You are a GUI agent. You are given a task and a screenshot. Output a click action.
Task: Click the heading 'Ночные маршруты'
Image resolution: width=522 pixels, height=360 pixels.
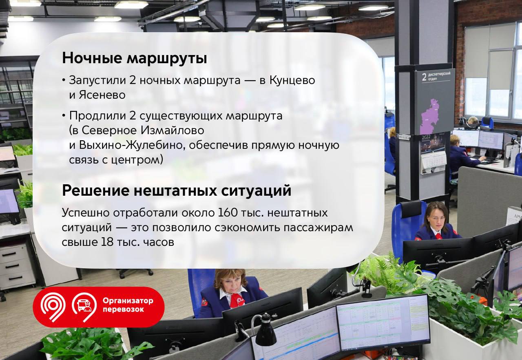pos(135,58)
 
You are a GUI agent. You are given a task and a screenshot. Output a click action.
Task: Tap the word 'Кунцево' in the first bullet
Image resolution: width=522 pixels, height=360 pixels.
pos(292,80)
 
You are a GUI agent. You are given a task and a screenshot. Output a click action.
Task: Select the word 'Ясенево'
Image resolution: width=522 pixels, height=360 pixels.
pos(102,95)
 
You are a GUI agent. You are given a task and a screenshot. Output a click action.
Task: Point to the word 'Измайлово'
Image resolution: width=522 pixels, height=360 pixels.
pos(172,130)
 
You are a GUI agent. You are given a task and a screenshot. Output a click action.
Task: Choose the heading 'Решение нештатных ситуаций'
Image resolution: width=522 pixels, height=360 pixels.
pos(177,191)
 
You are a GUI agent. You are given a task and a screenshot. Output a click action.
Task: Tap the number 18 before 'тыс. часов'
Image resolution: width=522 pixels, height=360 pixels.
pos(107,242)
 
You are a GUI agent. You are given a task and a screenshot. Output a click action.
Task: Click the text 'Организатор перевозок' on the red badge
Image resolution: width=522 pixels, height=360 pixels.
pos(128,305)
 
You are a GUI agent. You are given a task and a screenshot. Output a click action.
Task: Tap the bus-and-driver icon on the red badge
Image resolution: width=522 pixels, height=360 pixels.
pos(84,305)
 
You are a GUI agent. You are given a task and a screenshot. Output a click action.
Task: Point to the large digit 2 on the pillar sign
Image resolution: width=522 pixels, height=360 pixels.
pos(425,77)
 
